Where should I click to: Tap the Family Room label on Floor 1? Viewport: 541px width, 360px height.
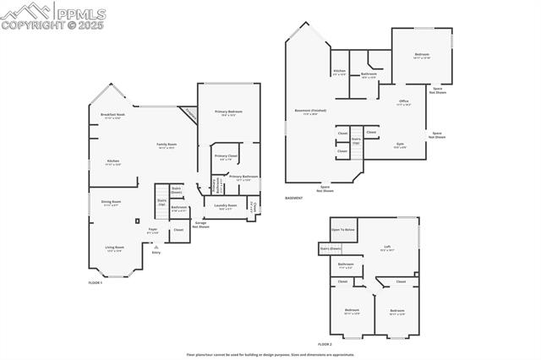click(167, 145)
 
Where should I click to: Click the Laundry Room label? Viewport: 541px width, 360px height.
click(226, 206)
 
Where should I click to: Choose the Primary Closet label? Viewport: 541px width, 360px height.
click(226, 157)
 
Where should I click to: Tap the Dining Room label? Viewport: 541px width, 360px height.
click(112, 203)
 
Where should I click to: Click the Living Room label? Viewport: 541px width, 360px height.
click(114, 248)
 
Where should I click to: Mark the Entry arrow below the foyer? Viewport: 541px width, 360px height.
click(156, 246)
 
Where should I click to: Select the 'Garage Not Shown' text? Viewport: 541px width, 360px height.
click(200, 225)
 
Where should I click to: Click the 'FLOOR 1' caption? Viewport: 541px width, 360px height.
click(95, 282)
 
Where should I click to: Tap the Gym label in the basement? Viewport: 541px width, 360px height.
click(400, 145)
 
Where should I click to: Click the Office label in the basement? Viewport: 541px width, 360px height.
click(403, 103)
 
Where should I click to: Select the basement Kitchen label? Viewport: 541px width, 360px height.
click(339, 73)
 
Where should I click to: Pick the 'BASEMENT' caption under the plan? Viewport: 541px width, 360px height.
click(293, 199)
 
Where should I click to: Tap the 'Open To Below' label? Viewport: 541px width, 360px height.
click(343, 230)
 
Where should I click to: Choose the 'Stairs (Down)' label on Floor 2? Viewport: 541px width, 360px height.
click(330, 248)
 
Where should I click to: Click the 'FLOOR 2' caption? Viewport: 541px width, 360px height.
click(325, 345)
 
